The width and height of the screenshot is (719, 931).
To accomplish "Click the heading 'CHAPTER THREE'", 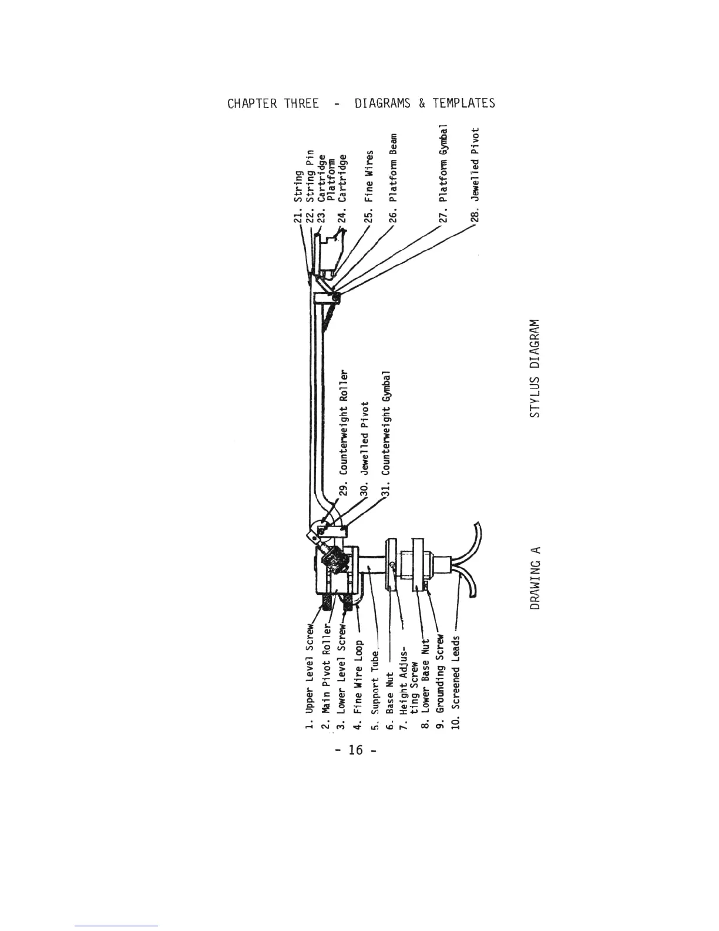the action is pos(273,104).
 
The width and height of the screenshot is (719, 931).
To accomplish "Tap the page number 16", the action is pos(356,750).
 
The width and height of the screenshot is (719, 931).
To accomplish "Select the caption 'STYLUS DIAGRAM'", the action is pos(534,369).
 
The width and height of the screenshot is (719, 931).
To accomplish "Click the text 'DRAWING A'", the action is pos(535,577).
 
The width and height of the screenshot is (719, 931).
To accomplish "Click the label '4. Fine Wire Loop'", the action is pos(358,684).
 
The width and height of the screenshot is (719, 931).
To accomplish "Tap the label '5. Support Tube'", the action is pos(375,691).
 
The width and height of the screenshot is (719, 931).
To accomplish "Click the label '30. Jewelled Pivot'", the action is pos(365,449).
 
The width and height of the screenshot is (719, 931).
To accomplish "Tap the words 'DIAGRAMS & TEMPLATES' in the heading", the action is pos(424,104).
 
